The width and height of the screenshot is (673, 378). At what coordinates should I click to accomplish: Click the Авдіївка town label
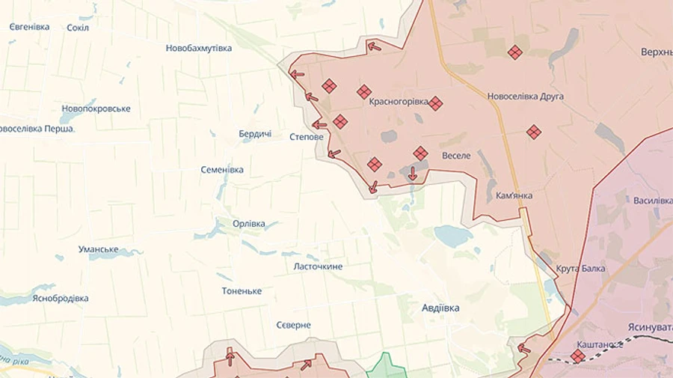[x=440, y=308]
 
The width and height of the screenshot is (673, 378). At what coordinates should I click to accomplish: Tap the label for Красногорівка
[x=399, y=101]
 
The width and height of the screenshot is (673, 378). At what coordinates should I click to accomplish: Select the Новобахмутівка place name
[x=198, y=48]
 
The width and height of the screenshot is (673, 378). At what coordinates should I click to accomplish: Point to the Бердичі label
[x=255, y=133]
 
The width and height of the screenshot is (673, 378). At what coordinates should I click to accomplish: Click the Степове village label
[x=307, y=137]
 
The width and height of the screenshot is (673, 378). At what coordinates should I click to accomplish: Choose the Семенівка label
[x=222, y=170]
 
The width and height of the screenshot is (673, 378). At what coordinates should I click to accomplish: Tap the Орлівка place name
[x=249, y=224]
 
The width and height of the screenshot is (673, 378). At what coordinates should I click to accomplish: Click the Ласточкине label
[x=318, y=266]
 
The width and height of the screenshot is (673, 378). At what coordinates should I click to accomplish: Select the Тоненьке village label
[x=242, y=290]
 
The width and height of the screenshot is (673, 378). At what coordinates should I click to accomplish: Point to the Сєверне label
[x=293, y=325]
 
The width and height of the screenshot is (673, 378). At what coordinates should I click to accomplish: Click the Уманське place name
[x=99, y=249]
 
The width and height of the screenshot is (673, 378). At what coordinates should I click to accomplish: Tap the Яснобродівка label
[x=61, y=298]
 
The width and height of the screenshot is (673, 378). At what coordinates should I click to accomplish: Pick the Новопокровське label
[x=96, y=109]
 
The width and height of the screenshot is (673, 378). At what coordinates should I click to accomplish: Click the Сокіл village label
[x=78, y=28]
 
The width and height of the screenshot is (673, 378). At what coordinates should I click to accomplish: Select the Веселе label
[x=456, y=156]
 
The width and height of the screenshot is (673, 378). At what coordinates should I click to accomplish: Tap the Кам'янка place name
[x=514, y=195]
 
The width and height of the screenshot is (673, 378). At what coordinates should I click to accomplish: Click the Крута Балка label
[x=581, y=268]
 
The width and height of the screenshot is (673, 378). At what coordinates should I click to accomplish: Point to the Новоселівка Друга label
[x=525, y=97]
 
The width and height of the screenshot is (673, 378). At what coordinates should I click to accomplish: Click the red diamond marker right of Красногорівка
[x=435, y=103]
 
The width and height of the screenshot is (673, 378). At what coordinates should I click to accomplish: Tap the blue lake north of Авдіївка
[x=453, y=236]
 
